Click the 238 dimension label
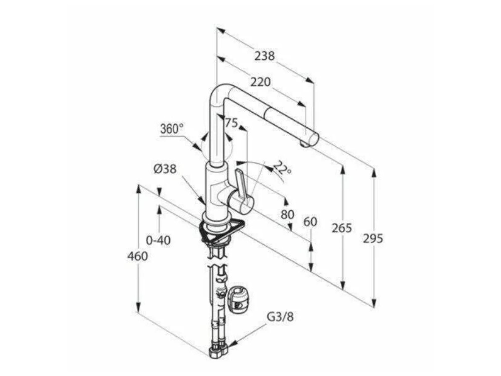click(x=265, y=56)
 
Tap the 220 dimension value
click(x=261, y=82)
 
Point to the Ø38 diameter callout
click(x=165, y=169)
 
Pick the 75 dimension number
click(x=231, y=123)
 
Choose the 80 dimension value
click(x=287, y=214)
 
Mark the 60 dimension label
click(x=310, y=222)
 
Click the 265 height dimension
click(x=342, y=228)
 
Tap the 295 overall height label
click(x=373, y=238)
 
